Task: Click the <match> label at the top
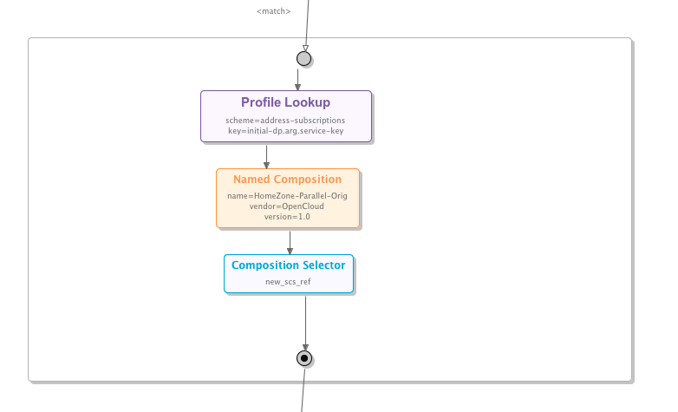click(274, 11)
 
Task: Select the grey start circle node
click(303, 59)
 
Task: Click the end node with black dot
click(304, 357)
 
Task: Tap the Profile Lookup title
click(285, 102)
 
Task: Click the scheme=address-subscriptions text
click(285, 120)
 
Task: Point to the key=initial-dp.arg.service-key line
click(285, 129)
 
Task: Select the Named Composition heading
click(287, 180)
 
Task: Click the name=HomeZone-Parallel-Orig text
click(287, 196)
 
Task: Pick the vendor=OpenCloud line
click(287, 206)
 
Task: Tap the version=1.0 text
click(287, 216)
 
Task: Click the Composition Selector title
click(288, 265)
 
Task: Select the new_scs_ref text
click(288, 282)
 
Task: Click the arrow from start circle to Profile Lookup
click(297, 78)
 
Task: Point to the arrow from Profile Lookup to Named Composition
click(266, 155)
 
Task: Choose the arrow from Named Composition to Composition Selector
click(290, 241)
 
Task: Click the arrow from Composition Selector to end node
click(304, 321)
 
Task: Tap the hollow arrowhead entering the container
click(304, 47)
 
